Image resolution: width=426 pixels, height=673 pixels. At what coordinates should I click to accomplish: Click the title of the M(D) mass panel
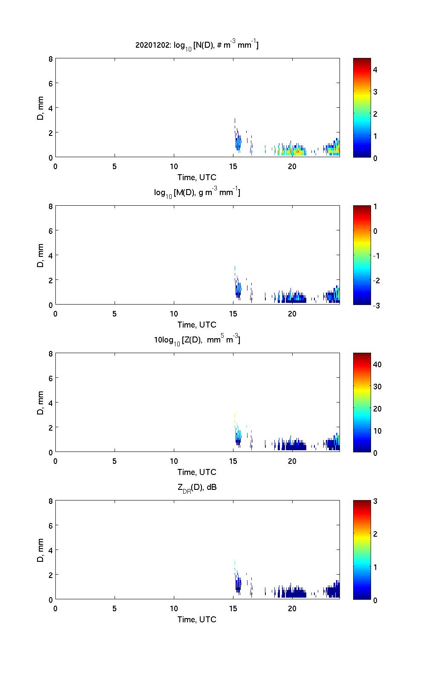[x=197, y=193]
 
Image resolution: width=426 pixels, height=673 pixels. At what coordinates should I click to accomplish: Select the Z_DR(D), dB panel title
[x=197, y=487]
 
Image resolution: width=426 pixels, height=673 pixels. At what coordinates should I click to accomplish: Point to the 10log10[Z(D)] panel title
[x=197, y=340]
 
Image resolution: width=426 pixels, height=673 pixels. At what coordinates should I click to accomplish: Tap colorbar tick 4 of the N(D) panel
[x=375, y=69]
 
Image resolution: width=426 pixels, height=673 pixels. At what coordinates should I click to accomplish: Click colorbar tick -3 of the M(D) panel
[x=375, y=305]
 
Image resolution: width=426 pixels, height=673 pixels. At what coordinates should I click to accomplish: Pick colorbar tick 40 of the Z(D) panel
[x=377, y=365]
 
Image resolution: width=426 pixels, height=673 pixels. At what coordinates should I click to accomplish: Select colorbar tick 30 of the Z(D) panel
[x=377, y=387]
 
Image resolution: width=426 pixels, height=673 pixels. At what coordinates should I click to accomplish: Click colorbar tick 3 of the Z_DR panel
[x=375, y=501]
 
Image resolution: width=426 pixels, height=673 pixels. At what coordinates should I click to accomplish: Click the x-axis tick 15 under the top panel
[x=233, y=167]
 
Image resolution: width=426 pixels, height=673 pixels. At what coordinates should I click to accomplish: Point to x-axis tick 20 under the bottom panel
[x=292, y=609]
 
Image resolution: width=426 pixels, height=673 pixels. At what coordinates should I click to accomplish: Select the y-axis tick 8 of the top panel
[x=51, y=59]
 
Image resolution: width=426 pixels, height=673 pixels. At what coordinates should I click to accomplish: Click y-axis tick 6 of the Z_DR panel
[x=51, y=526]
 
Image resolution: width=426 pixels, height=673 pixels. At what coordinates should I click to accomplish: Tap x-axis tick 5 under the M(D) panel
[x=115, y=314]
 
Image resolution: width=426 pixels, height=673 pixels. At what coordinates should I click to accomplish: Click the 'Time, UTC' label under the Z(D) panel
[x=197, y=472]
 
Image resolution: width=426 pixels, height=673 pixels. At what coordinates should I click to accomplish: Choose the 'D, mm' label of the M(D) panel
[x=41, y=256]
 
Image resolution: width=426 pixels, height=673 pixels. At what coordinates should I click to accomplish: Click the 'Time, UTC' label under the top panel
[x=197, y=177]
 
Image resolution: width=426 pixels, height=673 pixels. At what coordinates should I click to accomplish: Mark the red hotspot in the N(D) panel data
[x=298, y=151]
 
